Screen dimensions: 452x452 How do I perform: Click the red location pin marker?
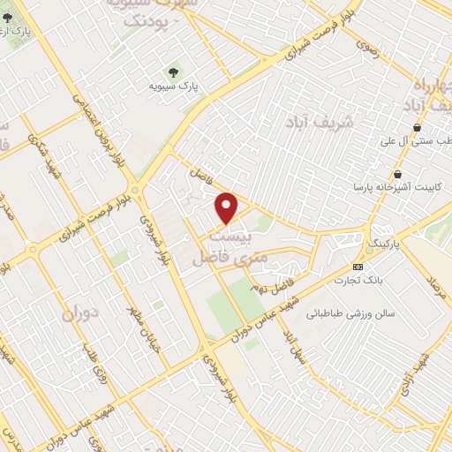pos(228,208)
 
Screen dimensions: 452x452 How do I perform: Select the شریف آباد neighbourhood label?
pos(320,121)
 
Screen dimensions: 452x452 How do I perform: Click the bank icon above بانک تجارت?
pos(358,267)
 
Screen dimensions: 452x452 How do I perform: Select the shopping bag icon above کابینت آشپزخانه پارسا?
pos(401,174)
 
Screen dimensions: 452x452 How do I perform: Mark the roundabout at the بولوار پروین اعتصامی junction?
pos(134,188)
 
